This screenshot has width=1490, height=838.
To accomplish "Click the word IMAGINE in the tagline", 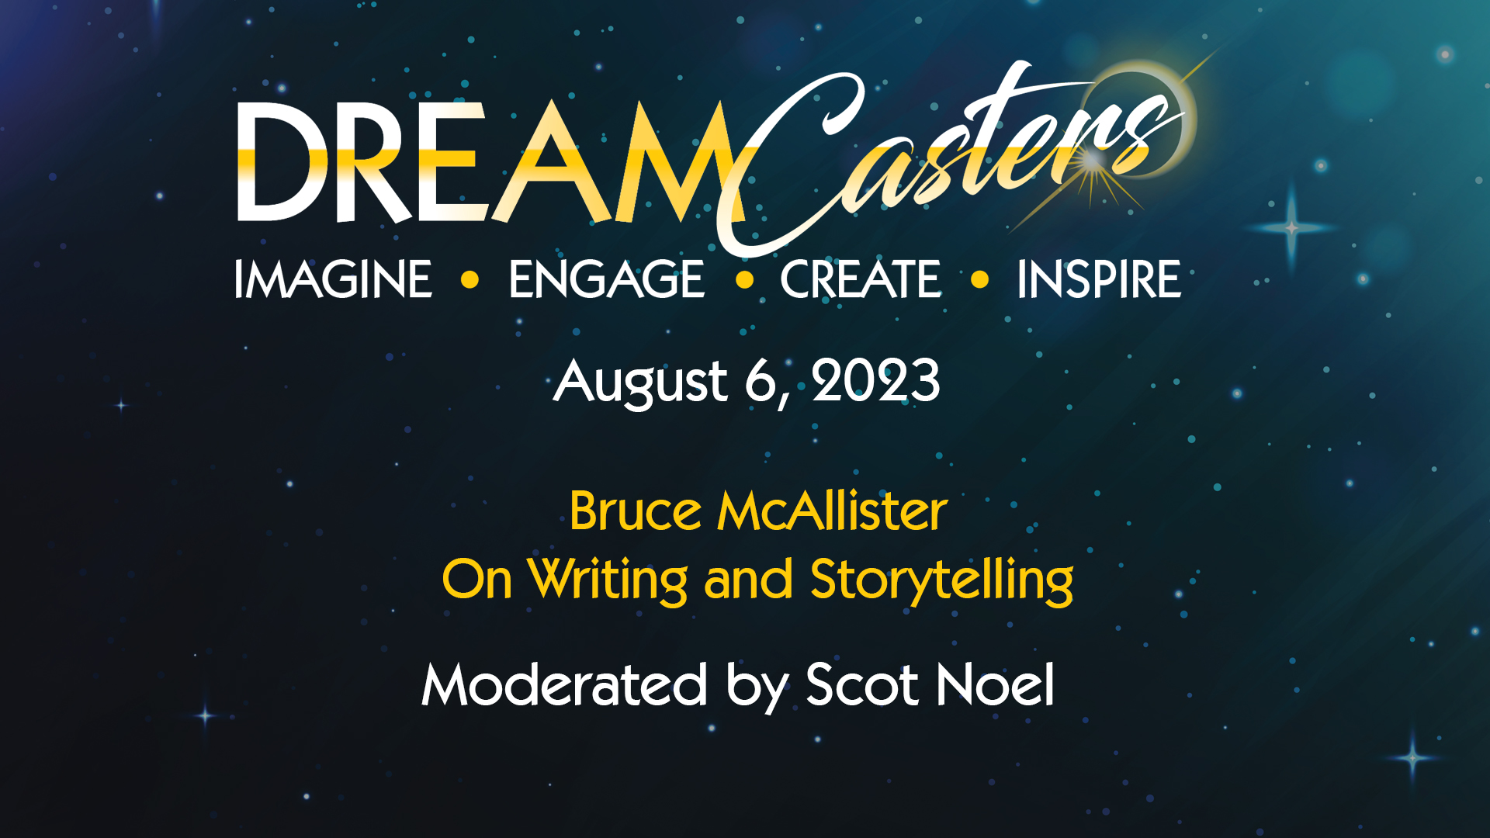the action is [x=333, y=279].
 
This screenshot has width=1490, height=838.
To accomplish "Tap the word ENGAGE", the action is [x=607, y=279].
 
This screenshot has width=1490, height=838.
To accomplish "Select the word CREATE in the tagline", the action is [x=860, y=279].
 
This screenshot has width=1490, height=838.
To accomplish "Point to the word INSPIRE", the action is [x=1099, y=279].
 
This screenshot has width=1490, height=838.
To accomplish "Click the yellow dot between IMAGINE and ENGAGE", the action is [x=470, y=279].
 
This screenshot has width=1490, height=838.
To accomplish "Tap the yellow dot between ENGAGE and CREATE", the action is [x=745, y=279].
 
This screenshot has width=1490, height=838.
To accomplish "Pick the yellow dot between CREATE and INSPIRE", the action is [x=980, y=279].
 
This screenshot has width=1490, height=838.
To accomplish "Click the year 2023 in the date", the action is [x=876, y=381].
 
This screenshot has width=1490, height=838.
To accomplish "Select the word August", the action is [x=641, y=383].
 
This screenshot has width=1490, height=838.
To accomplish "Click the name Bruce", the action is [x=636, y=511].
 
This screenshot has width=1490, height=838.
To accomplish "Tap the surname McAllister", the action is [x=832, y=511].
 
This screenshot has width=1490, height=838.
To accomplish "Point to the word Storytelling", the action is [x=942, y=581].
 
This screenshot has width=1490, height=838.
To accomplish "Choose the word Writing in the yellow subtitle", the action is [x=608, y=581].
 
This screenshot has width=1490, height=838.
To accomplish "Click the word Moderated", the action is [x=564, y=684].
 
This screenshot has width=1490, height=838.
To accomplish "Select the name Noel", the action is [x=996, y=684].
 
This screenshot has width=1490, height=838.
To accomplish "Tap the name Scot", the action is [x=863, y=684].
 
